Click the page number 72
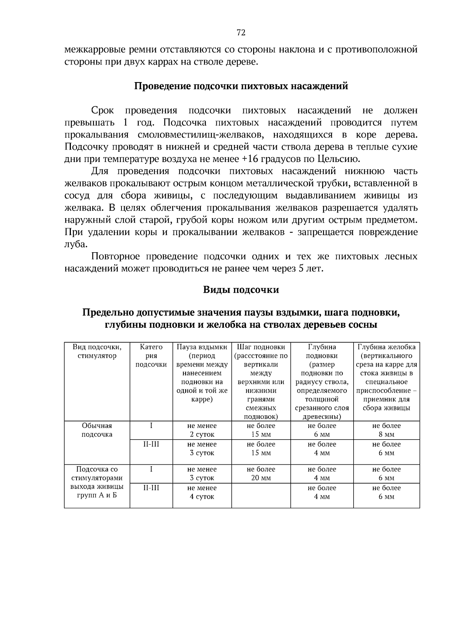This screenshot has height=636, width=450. coord(241,33)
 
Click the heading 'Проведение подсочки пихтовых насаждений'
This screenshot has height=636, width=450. coord(241,86)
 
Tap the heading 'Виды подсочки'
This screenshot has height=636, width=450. coord(241,290)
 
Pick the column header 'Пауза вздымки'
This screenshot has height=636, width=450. coord(202,347)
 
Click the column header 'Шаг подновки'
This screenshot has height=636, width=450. coord(261,347)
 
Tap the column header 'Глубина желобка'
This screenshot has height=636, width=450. coord(387,347)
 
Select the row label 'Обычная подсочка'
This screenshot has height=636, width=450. coord(97,430)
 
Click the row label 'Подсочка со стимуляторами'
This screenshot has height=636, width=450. coord(97,474)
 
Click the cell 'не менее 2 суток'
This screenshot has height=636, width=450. coord(202,430)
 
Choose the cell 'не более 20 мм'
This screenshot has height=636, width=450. coord(261,474)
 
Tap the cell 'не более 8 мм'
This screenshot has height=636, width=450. coord(387,430)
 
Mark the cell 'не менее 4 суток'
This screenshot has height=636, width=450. coord(202,492)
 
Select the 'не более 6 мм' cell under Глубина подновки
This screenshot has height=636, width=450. coord(322,430)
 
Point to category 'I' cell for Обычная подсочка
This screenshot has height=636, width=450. coord(151,426)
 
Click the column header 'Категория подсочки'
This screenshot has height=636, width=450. coord(151,356)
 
